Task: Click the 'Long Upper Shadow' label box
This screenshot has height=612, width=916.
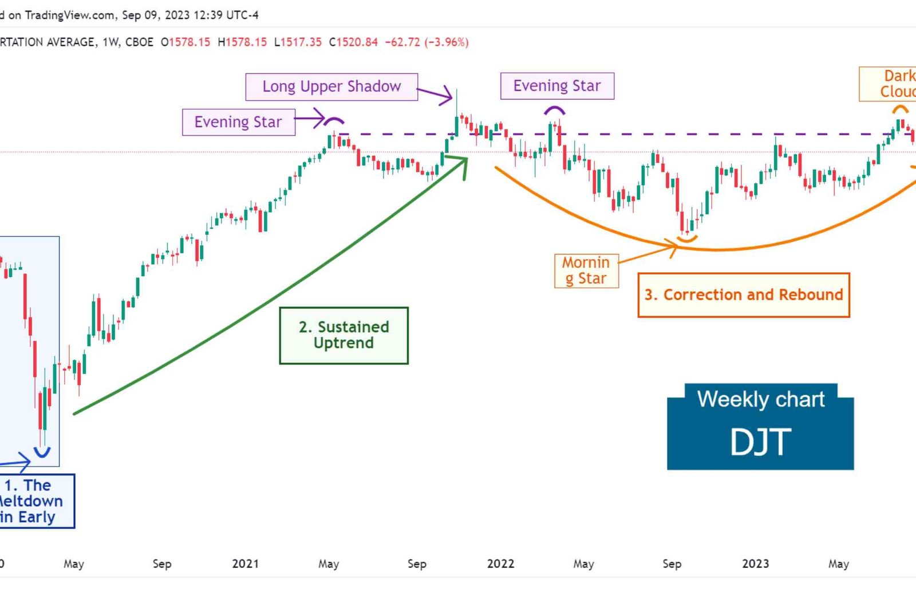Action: pyautogui.click(x=331, y=87)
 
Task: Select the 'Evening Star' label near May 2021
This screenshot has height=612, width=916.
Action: pyautogui.click(x=238, y=122)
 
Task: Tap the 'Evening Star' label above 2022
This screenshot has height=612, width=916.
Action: pyautogui.click(x=557, y=86)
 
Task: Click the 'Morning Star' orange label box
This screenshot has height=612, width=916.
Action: pyautogui.click(x=586, y=270)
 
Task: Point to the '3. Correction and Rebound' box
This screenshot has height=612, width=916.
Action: pyautogui.click(x=743, y=295)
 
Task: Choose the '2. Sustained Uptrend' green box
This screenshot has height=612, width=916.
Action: pyautogui.click(x=343, y=335)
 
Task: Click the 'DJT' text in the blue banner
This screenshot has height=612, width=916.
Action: pyautogui.click(x=760, y=442)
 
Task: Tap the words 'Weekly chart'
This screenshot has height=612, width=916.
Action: pyautogui.click(x=760, y=399)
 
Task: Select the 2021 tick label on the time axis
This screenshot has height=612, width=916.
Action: pyautogui.click(x=245, y=564)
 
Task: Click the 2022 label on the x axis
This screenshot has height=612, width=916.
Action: pyautogui.click(x=500, y=564)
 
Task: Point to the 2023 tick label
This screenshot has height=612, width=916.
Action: pyautogui.click(x=755, y=564)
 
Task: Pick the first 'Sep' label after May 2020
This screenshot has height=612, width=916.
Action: pyautogui.click(x=162, y=564)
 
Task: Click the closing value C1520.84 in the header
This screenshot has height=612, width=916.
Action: pyautogui.click(x=353, y=42)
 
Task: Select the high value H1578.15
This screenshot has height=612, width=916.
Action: pyautogui.click(x=242, y=42)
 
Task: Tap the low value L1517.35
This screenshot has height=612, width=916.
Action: pyautogui.click(x=298, y=42)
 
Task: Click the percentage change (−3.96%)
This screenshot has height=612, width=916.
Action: pyautogui.click(x=446, y=42)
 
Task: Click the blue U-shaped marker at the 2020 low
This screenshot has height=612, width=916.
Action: pyautogui.click(x=42, y=452)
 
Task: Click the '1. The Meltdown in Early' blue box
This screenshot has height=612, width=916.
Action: pyautogui.click(x=34, y=501)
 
